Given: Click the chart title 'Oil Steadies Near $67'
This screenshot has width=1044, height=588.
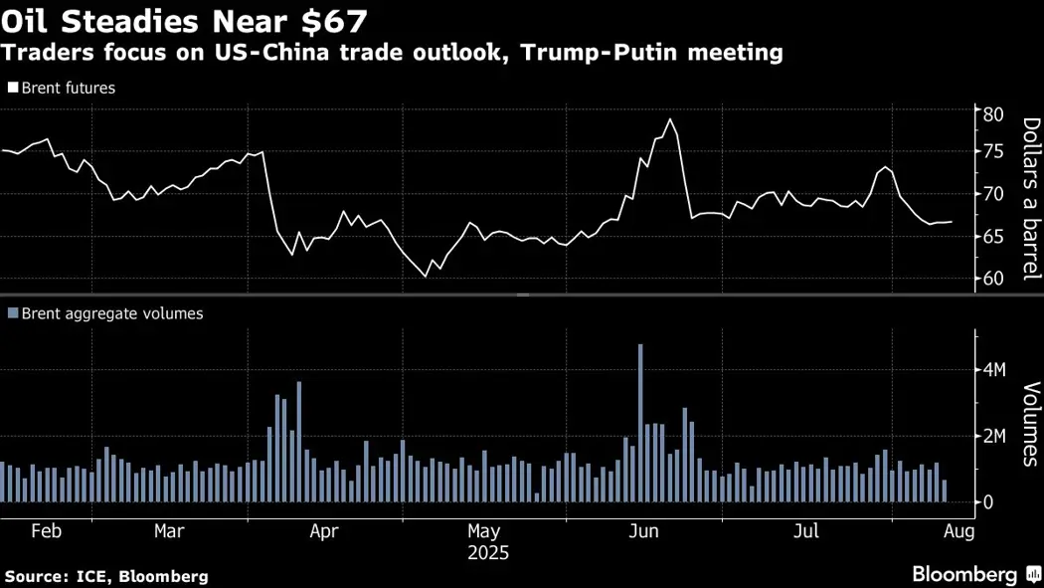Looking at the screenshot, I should point(185,21).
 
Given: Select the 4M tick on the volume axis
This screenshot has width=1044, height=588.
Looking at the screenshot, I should point(994,370).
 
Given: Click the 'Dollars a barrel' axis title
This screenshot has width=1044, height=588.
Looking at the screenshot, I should point(1030,198).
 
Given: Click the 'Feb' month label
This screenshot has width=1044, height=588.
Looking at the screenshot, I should point(46,531).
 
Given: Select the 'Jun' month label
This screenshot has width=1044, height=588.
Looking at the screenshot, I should point(644,531).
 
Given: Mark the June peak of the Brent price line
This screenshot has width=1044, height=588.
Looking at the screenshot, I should point(670,119).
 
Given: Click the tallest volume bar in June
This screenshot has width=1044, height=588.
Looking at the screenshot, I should point(640,423).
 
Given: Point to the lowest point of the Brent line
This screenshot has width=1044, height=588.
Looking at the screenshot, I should point(426,277).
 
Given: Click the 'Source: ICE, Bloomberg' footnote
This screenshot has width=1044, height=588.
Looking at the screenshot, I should point(106,576).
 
